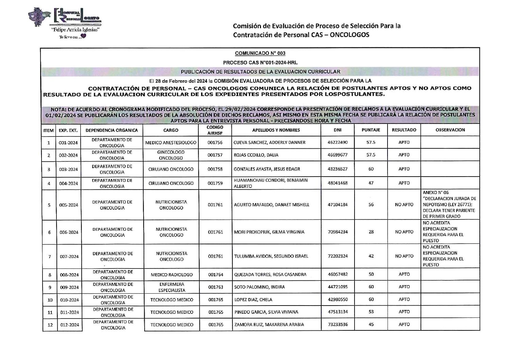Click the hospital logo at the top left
[65, 24]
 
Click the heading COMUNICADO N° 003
[260, 53]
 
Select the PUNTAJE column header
[371, 130]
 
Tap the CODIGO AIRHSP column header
[215, 130]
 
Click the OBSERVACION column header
[450, 130]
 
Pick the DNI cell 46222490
[338, 143]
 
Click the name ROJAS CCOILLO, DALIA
[256, 155]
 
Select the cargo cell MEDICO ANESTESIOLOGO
[171, 143]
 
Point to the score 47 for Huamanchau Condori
[371, 183]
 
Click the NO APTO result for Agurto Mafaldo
[404, 205]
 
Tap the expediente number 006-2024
[69, 232]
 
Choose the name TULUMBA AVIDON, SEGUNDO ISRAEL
[271, 256]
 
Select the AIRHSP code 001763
[215, 287]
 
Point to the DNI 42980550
[338, 299]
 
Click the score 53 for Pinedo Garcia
[371, 312]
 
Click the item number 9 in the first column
[50, 288]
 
